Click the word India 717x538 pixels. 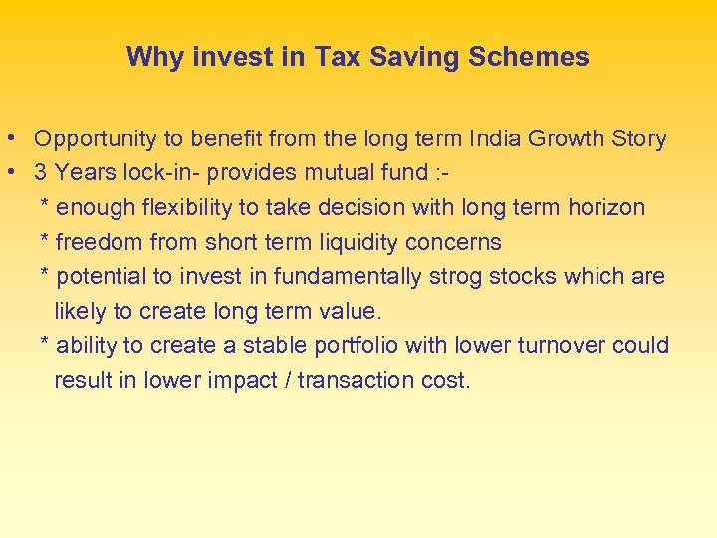tap(495, 139)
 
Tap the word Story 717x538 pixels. tap(636, 139)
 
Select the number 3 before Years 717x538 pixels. tap(41, 173)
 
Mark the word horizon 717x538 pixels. tap(606, 207)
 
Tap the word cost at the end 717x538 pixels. tap(447, 380)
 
